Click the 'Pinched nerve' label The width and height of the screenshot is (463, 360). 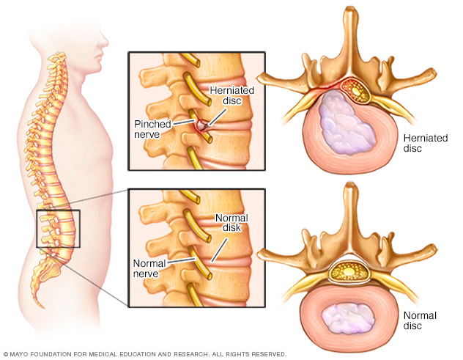point(152,129)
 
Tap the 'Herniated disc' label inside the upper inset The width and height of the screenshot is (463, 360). point(231,95)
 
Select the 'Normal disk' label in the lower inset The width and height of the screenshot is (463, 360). point(231,223)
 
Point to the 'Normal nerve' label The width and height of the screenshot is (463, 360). point(149,268)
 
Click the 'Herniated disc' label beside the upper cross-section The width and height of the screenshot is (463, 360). point(426,143)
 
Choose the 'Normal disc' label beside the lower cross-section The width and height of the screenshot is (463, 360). point(420,320)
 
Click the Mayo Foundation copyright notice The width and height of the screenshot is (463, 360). point(145,354)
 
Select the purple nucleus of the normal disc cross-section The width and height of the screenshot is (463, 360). point(348,318)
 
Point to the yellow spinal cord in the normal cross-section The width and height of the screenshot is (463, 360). point(350,271)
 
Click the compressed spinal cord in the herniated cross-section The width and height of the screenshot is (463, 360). point(356,90)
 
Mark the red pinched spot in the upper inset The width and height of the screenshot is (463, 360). point(200,125)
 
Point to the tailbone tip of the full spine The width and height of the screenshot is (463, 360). point(42,306)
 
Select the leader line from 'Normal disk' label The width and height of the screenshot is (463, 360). point(220,250)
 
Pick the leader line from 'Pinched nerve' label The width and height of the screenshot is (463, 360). point(183,122)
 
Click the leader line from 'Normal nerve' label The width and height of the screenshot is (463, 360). point(181,260)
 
